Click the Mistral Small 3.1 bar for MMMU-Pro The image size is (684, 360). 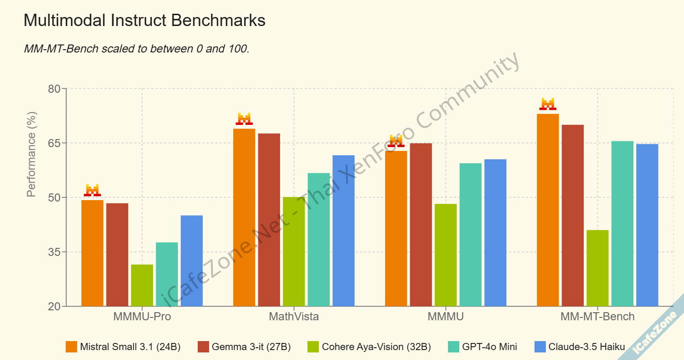click(x=92, y=253)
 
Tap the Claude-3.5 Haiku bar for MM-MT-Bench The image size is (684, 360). click(x=647, y=225)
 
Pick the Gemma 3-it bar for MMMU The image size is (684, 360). click(x=421, y=225)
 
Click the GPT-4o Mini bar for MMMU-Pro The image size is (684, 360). click(x=167, y=274)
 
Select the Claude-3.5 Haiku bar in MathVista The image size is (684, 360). click(x=343, y=231)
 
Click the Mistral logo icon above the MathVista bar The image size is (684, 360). click(x=244, y=119)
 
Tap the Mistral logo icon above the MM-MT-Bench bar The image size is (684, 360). click(x=548, y=104)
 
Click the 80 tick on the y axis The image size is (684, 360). click(x=55, y=89)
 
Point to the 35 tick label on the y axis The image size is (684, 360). click(x=55, y=252)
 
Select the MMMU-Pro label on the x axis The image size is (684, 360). click(x=142, y=316)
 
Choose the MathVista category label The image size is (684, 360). click(x=294, y=316)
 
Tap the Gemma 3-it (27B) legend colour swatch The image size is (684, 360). click(x=203, y=347)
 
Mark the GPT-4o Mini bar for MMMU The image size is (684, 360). click(x=470, y=235)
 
